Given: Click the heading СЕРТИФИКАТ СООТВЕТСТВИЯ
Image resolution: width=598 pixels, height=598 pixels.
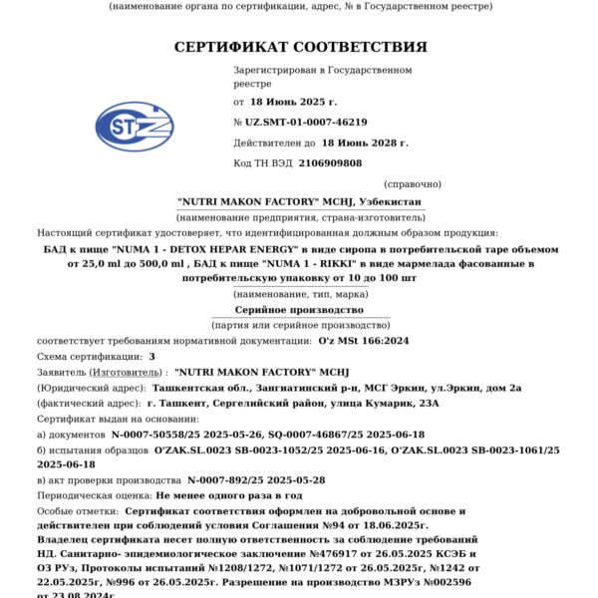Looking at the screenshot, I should (300, 47).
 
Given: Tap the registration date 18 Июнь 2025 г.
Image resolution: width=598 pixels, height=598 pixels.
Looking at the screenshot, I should (294, 102).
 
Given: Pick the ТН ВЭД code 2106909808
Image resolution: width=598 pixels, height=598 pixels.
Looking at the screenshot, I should (331, 162).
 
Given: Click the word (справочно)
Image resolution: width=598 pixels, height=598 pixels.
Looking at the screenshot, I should (413, 183).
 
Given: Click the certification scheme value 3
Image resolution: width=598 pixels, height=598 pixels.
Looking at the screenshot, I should (152, 356).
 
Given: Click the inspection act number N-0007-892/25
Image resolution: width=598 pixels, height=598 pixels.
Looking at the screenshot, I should (226, 479).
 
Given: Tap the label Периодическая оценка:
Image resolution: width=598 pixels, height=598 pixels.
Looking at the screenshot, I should (96, 494).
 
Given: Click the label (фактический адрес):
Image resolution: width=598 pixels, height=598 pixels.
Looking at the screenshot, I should (89, 404).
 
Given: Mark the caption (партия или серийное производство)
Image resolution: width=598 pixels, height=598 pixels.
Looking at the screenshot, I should (299, 326).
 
